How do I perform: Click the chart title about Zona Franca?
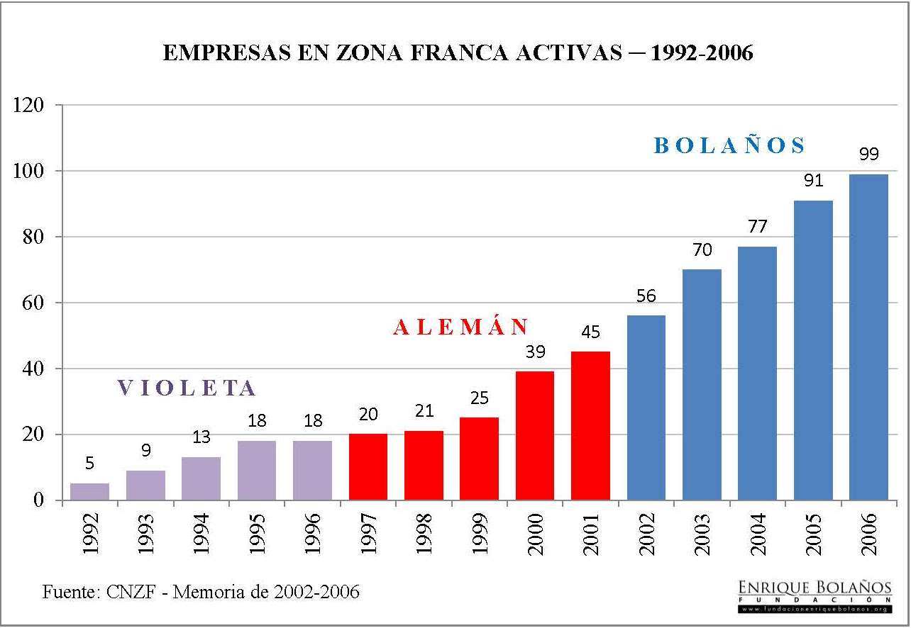pyautogui.click(x=458, y=54)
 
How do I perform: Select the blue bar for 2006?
pyautogui.click(x=868, y=337)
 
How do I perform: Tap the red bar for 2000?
pyautogui.click(x=535, y=435)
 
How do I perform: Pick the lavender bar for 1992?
pyautogui.click(x=90, y=491)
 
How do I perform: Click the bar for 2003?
pyautogui.click(x=702, y=384)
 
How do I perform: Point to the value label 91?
pyautogui.click(x=813, y=181)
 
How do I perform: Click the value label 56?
pyautogui.click(x=646, y=296)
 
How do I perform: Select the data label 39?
pyautogui.click(x=535, y=351)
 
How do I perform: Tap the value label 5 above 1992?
pyautogui.click(x=89, y=464)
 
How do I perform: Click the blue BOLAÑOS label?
pyautogui.click(x=730, y=146)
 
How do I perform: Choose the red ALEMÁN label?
pyautogui.click(x=461, y=327)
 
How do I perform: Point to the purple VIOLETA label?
pyautogui.click(x=187, y=388)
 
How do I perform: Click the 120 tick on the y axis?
pyautogui.click(x=31, y=106)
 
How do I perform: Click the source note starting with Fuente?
pyautogui.click(x=201, y=591)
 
